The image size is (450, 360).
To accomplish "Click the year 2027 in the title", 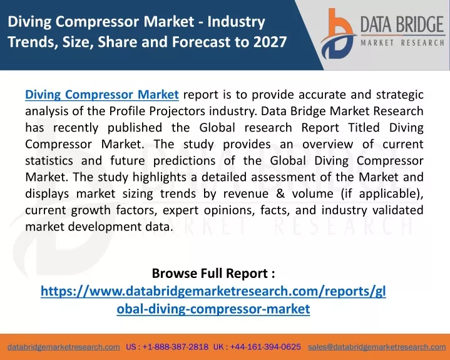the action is [x=270, y=41].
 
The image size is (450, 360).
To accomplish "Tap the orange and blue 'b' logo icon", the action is [x=338, y=34].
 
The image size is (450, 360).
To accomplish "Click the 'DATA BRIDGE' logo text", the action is [x=402, y=24].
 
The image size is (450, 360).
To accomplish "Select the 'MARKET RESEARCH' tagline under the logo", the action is [x=402, y=43].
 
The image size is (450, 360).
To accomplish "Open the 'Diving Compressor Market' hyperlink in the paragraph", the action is [x=102, y=95].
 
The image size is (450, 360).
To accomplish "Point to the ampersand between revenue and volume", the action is [x=280, y=193].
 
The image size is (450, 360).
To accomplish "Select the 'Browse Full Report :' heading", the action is [x=213, y=273].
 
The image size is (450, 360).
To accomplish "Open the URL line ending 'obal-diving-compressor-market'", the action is [x=213, y=309].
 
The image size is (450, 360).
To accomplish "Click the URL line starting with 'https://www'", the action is [x=213, y=291].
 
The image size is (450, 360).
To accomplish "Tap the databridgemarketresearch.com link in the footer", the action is [x=64, y=347].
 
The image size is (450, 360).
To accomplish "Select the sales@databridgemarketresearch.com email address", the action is [x=377, y=347].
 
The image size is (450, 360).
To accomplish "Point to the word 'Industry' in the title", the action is [x=237, y=21].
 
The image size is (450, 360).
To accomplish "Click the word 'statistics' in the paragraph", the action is [x=49, y=160].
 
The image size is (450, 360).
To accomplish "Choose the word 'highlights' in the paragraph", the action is [x=159, y=177].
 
